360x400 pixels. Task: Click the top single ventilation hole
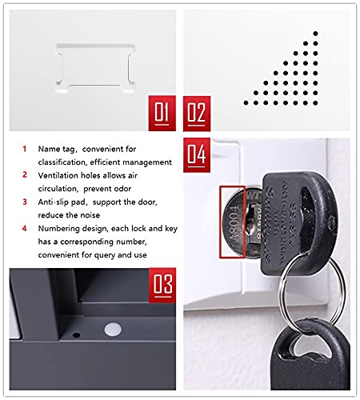[317, 33]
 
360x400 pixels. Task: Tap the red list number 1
[25, 149]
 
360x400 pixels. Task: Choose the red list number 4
[25, 229]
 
